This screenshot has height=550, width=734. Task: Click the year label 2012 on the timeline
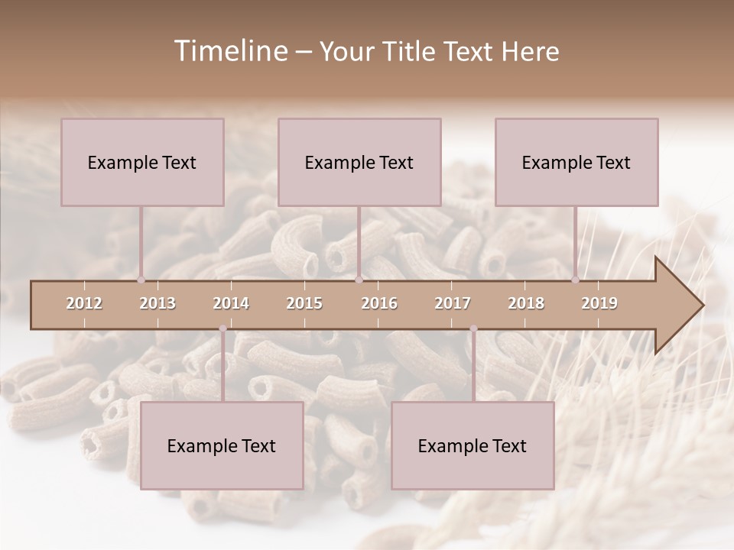pos(84,304)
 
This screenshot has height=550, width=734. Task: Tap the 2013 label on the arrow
pos(158,304)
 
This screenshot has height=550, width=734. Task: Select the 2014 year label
pos(231,304)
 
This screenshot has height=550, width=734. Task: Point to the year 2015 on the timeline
pos(304,304)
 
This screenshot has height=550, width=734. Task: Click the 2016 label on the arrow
pos(379,304)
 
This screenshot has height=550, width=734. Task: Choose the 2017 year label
pos(453,304)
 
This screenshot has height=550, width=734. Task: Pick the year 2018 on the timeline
pos(526,304)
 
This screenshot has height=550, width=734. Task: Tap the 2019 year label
pos(599,304)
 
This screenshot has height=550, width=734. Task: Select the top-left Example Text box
pos(142,162)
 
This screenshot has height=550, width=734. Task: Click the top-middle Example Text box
pos(359,162)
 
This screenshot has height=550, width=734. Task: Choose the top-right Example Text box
pos(576,162)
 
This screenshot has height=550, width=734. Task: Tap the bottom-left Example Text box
pos(222,445)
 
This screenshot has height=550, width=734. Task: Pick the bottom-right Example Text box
pos(473,445)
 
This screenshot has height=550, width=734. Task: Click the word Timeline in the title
pos(229,51)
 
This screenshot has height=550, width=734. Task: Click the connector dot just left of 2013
pos(141,280)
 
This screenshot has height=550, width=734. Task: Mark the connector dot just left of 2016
pos(359,280)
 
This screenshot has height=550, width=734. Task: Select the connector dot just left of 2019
pos(576,280)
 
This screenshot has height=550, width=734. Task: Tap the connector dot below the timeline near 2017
pos(473,329)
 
